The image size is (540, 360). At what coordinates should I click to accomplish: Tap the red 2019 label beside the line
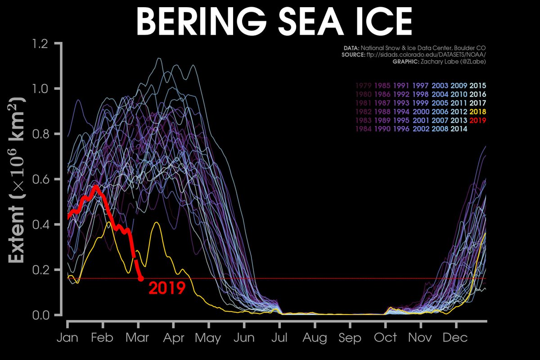pos(167,288)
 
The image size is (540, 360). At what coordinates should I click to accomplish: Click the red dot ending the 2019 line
pos(141,279)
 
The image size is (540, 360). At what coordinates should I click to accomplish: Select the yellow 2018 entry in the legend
pos(477,111)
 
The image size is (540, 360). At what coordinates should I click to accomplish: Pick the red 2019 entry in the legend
pos(477,120)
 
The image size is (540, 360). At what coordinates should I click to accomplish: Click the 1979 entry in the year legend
pos(363,85)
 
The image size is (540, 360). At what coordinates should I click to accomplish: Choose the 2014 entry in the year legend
pos(459,129)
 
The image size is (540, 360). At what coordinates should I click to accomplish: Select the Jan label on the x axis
pos(67,337)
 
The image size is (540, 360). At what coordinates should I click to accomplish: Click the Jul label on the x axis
pos(279,337)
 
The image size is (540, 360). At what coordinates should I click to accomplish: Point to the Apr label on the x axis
pos(174,337)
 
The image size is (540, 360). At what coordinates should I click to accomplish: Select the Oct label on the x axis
pos(385,337)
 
